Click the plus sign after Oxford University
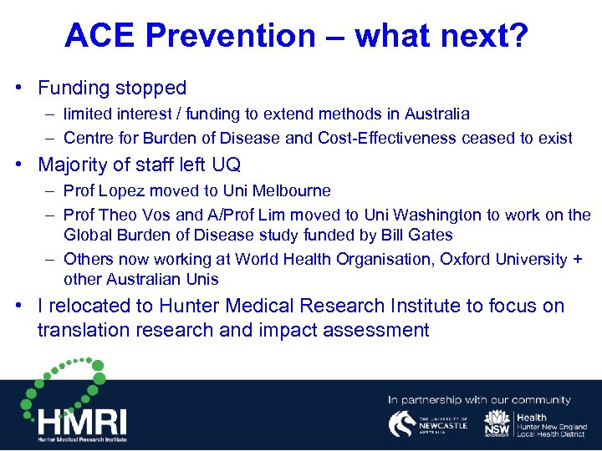(577, 259)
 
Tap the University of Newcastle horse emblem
(403, 424)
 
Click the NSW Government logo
(497, 424)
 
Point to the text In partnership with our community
(479, 400)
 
